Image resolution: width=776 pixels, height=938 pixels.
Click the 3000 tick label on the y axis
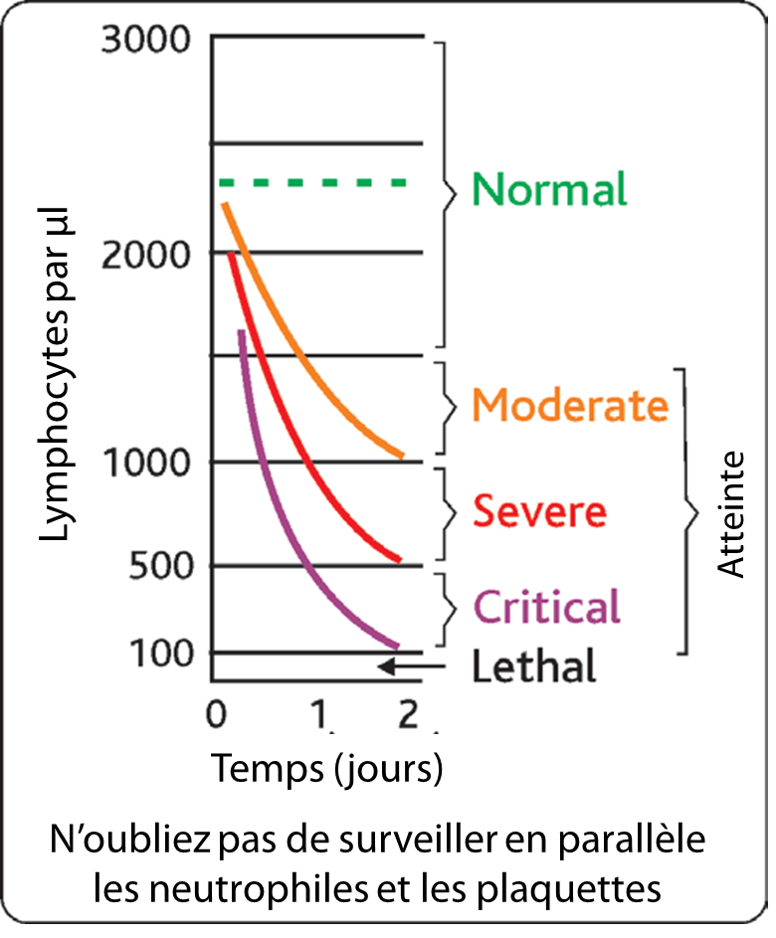point(145,42)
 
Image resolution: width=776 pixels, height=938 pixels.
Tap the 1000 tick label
point(145,463)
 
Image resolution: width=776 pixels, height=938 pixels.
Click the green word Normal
point(549,189)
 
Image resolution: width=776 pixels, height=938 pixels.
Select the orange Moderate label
point(569,405)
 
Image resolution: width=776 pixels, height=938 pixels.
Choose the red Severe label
point(538,512)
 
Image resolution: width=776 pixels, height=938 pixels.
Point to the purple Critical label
point(547,606)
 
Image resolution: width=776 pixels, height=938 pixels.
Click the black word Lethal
point(533,665)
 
